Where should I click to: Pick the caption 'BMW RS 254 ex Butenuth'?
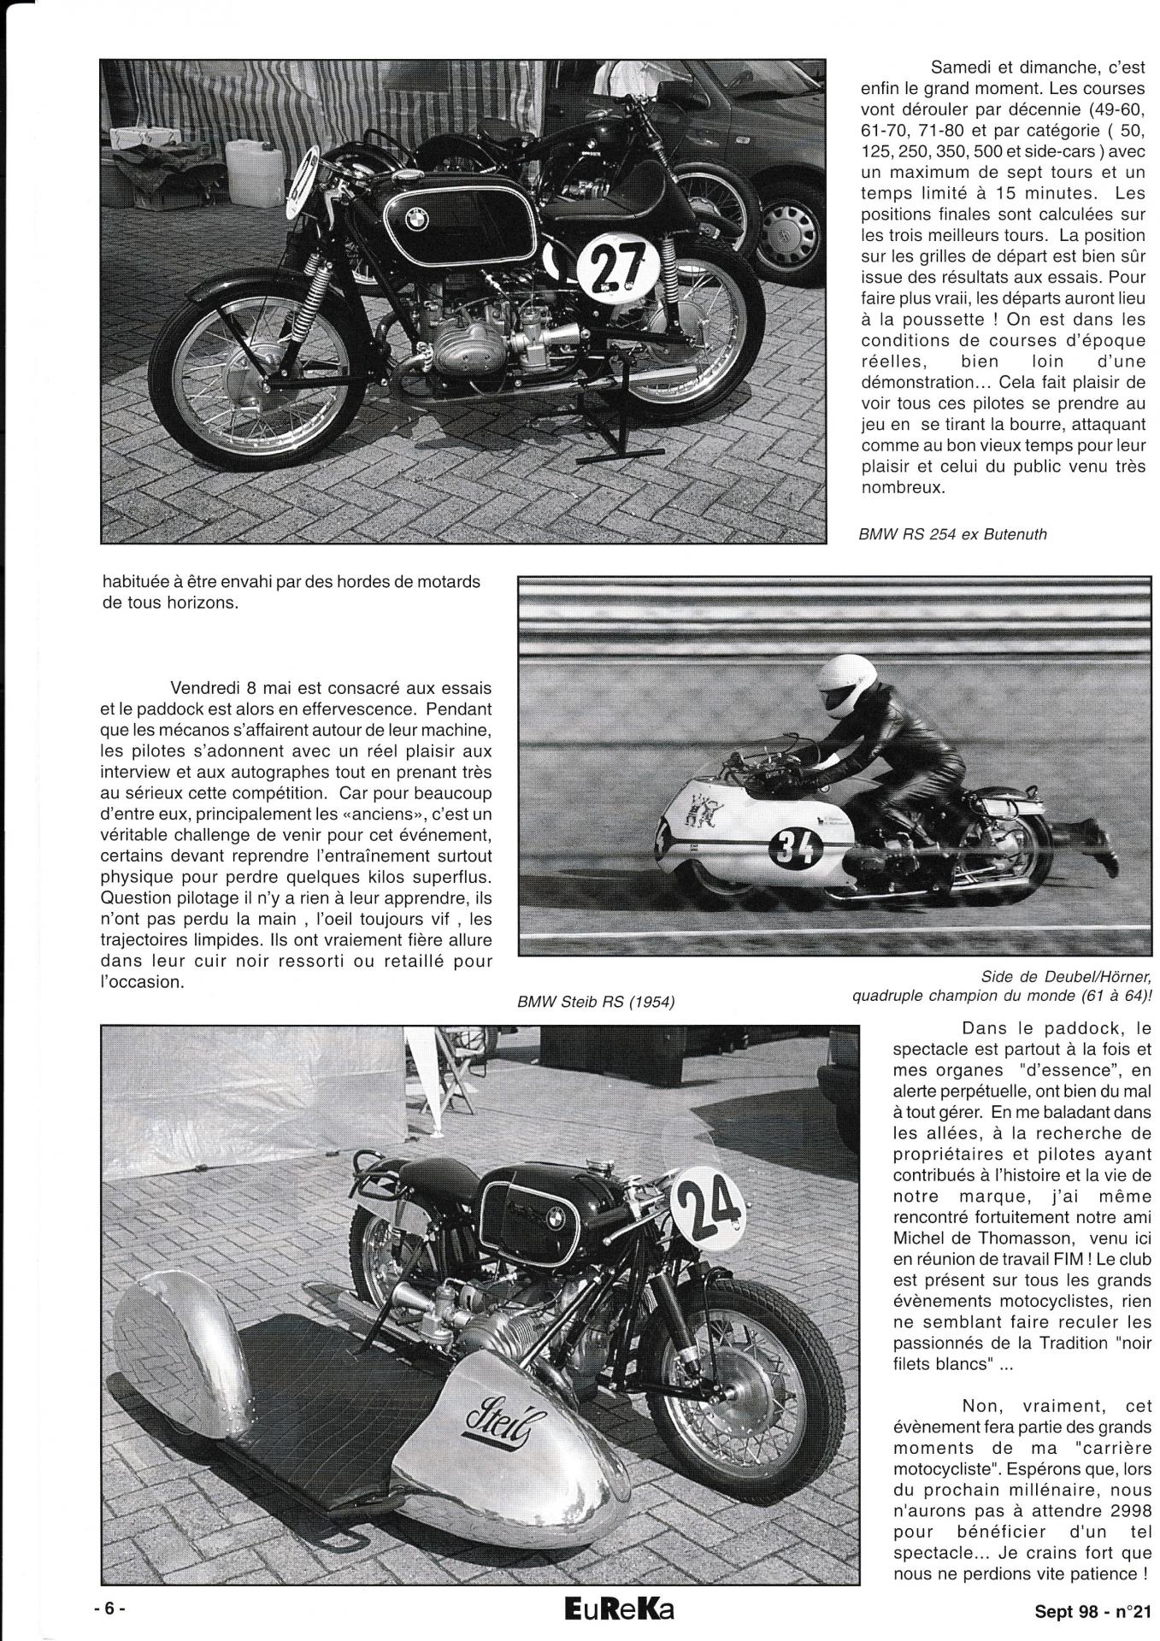[952, 534]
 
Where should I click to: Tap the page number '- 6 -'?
[109, 1608]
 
